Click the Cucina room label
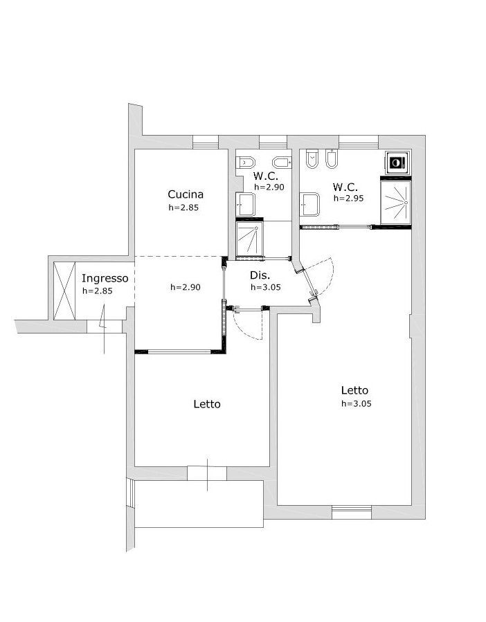click(x=186, y=194)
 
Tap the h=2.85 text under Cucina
click(x=183, y=208)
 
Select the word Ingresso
click(x=105, y=278)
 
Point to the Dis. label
click(x=260, y=275)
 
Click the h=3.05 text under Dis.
click(x=266, y=287)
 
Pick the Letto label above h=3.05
click(x=354, y=390)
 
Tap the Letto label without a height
click(x=207, y=404)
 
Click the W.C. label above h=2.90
click(x=266, y=176)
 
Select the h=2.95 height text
click(x=348, y=199)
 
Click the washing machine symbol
click(x=397, y=163)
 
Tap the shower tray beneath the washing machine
click(x=395, y=202)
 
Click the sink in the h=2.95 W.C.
click(x=309, y=204)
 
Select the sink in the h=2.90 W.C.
click(x=245, y=204)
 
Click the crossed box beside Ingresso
click(x=64, y=291)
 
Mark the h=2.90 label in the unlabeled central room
click(x=186, y=287)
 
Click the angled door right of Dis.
click(x=309, y=281)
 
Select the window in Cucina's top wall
click(x=206, y=142)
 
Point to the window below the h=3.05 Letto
click(x=352, y=512)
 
